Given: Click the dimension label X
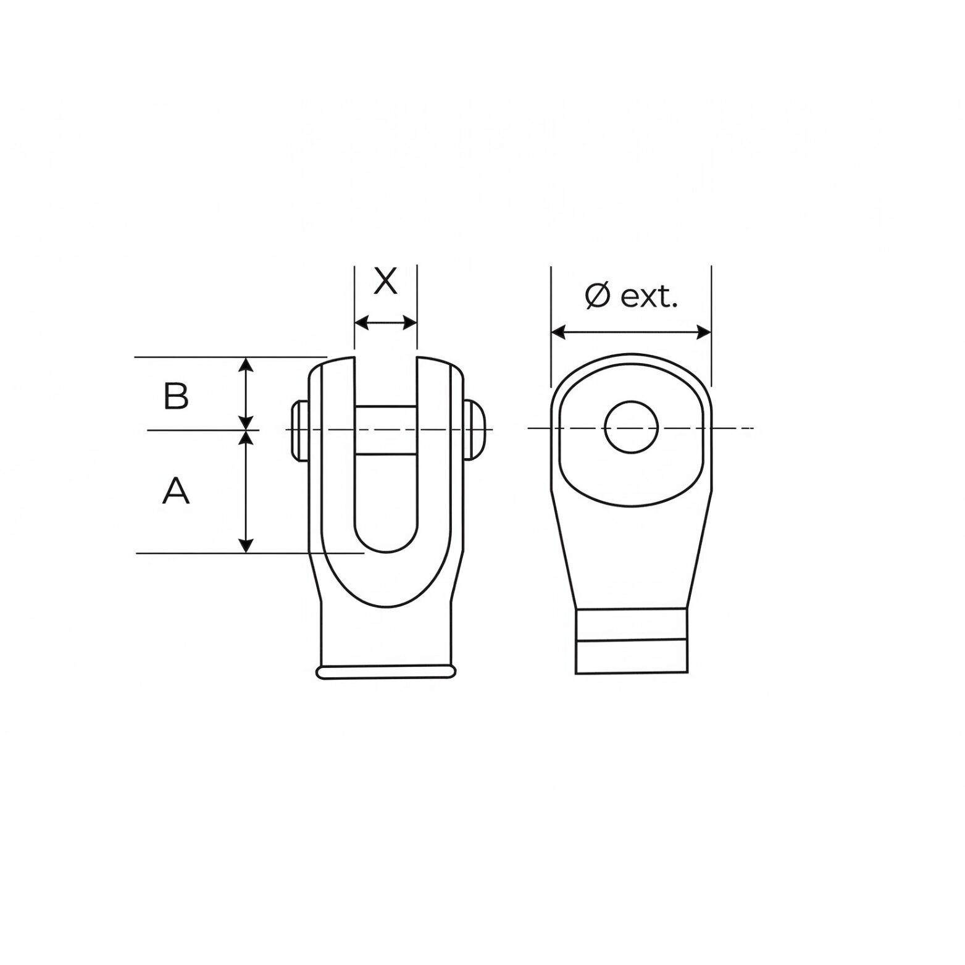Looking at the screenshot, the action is [x=386, y=282].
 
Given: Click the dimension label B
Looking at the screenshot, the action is [x=176, y=396].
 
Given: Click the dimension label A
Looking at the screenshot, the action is [x=176, y=491].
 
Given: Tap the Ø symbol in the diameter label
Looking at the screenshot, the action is [x=598, y=297].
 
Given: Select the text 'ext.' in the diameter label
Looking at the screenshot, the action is [x=649, y=298].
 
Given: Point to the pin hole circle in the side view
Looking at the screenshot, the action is [x=632, y=427].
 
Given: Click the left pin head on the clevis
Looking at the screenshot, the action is [x=299, y=430].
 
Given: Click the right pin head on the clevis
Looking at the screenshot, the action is [x=474, y=430].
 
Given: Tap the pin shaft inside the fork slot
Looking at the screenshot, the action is [x=386, y=430].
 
